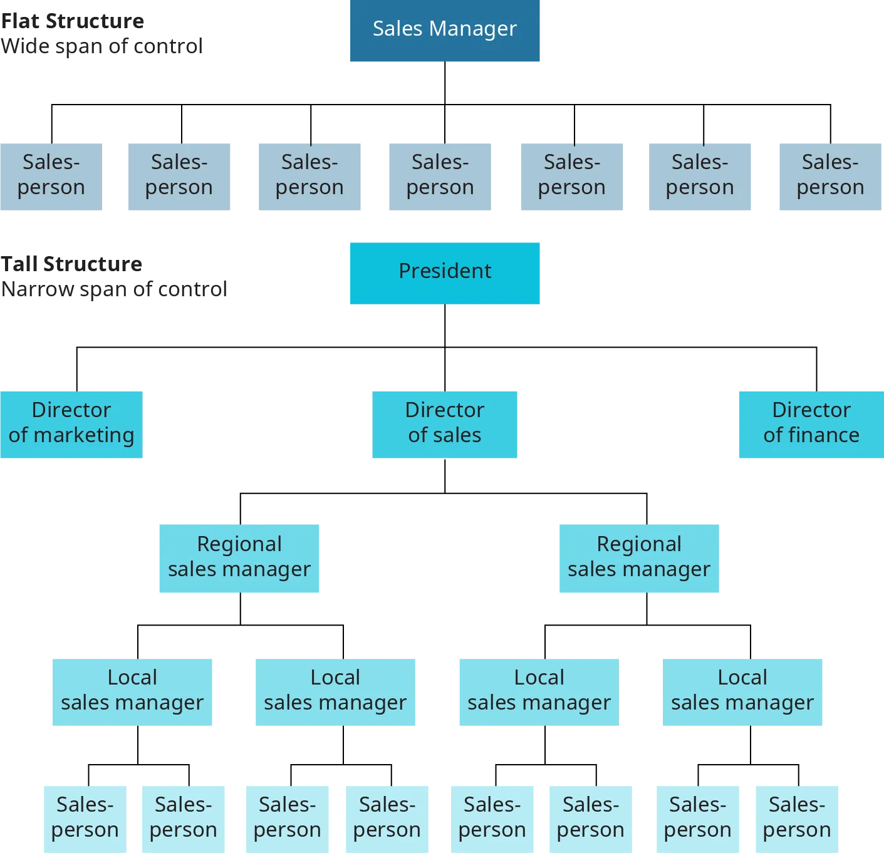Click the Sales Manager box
444,31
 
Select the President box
444,272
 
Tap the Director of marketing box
72,425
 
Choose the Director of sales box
445,425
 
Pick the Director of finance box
811,425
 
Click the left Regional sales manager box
238,557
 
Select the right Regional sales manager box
638,557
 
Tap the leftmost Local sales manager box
132,691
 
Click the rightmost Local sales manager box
744,691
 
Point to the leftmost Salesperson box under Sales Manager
52,175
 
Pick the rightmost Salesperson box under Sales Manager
829,175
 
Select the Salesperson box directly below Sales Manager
439,175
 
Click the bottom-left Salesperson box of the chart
85,817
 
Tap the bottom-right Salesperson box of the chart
796,817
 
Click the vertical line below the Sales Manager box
444,81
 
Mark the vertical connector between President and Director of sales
444,370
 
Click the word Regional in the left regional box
239,544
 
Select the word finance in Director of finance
824,435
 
